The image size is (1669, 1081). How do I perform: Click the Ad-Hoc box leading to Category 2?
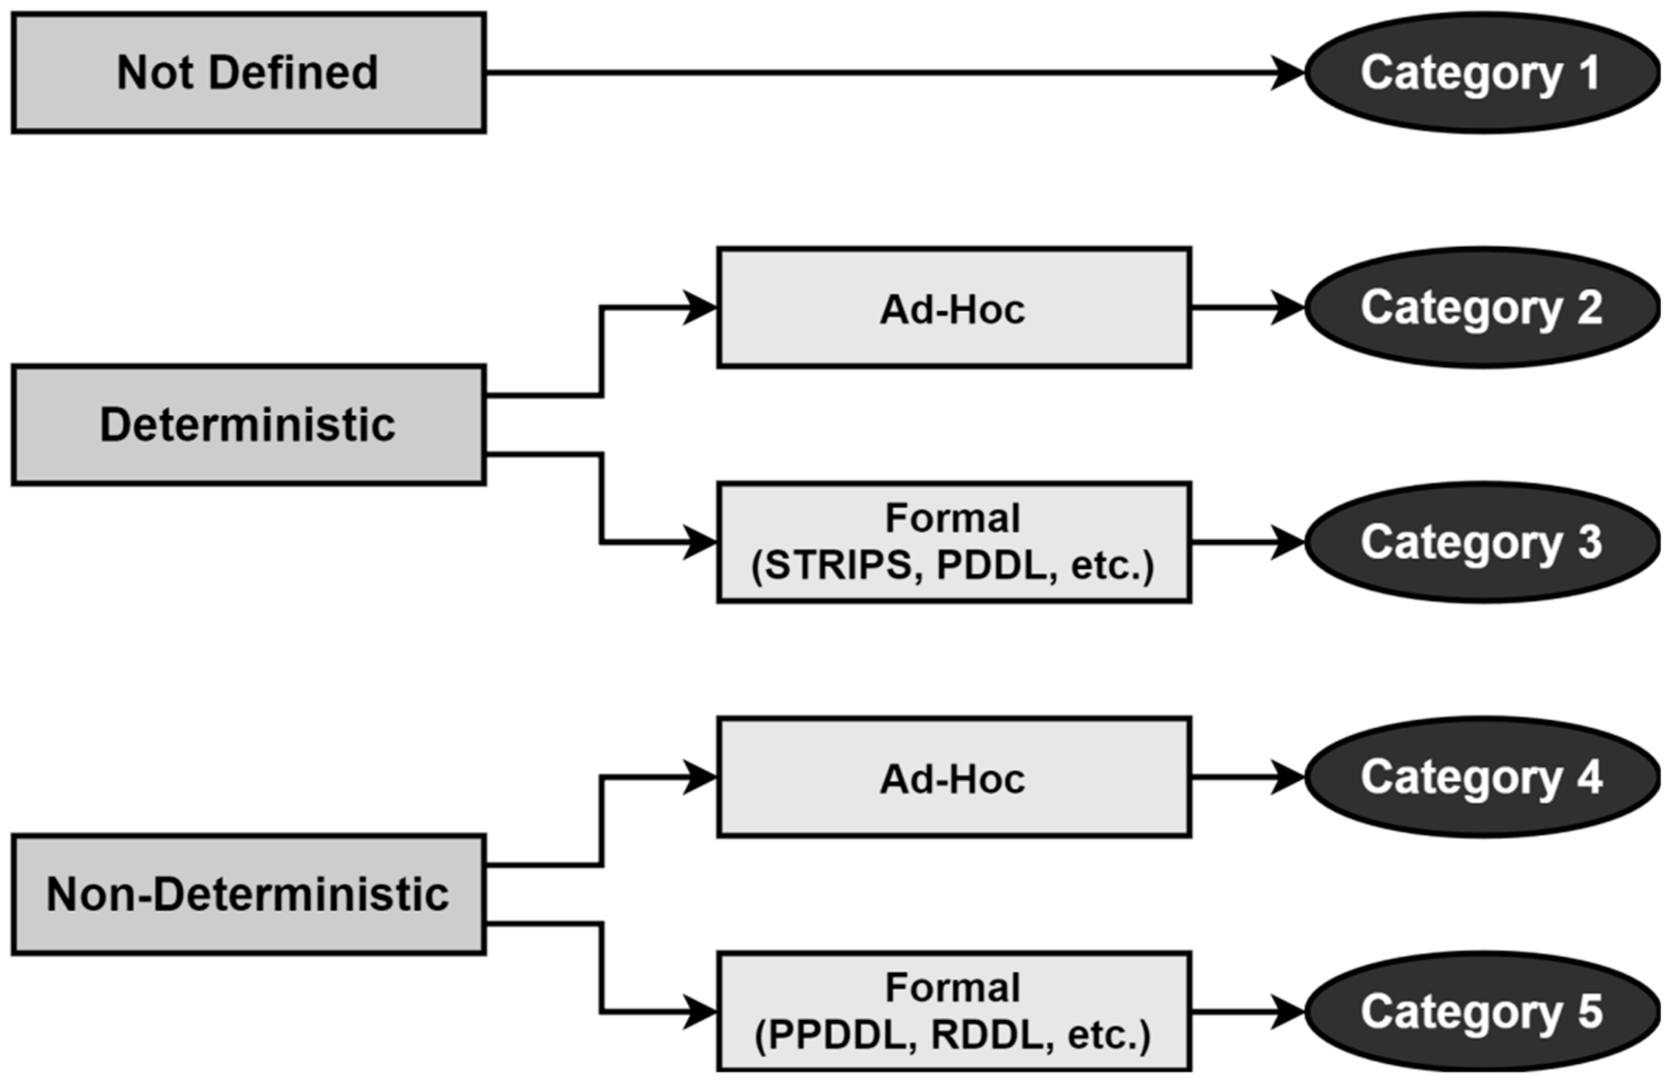[x=954, y=308]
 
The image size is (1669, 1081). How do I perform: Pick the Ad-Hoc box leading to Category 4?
[x=954, y=777]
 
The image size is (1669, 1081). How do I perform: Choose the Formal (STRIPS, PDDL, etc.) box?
[x=954, y=542]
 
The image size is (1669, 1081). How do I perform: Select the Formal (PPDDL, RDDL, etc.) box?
[x=954, y=1012]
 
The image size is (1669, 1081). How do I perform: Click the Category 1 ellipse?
[x=1482, y=72]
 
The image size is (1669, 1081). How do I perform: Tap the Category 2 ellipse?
[x=1482, y=308]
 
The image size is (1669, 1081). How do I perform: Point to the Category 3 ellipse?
[x=1482, y=542]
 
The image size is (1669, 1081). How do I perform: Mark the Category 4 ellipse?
[x=1482, y=777]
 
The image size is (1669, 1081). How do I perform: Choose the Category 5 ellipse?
[x=1482, y=1012]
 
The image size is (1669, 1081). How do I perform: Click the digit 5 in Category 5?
[x=1589, y=1012]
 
